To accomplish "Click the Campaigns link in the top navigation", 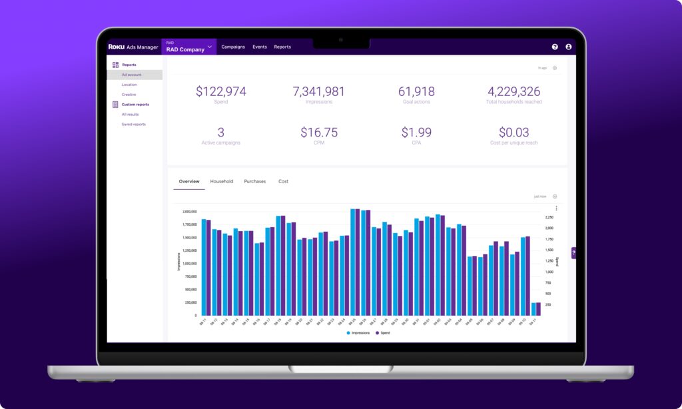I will tap(233, 47).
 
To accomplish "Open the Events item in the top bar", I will tap(260, 47).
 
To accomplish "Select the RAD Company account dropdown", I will tap(189, 47).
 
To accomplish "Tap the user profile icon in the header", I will tap(568, 47).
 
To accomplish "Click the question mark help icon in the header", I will tap(555, 47).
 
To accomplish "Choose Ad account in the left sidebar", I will tap(131, 75).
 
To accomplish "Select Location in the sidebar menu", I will tap(129, 85).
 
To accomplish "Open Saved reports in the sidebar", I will tap(133, 125).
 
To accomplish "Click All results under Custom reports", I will tap(130, 115).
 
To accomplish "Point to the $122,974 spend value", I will tap(221, 92).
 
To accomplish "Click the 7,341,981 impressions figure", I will tap(319, 92).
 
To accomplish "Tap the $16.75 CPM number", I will tap(319, 133).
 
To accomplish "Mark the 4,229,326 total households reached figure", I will tap(513, 92).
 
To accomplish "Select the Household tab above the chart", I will tap(221, 181).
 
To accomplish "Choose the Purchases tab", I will tap(254, 181).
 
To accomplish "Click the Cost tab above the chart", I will tap(283, 181).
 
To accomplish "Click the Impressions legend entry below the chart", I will tap(358, 332).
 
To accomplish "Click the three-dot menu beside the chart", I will tap(556, 208).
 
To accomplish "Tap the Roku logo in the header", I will tap(117, 47).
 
